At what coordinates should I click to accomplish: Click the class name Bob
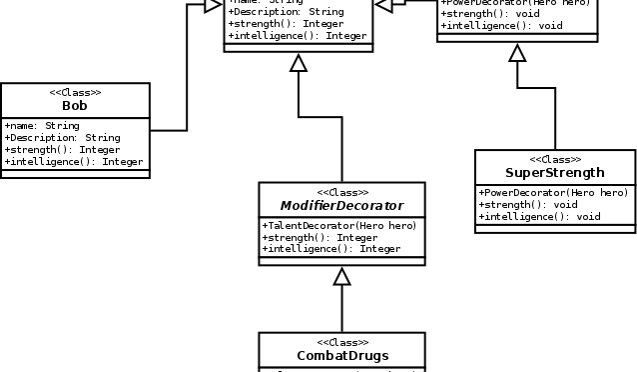75,105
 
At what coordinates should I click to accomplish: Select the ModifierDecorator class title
341,205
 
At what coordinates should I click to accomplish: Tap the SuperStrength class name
554,172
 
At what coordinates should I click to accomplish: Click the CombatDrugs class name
342,355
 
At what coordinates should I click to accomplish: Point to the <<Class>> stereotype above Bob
75,92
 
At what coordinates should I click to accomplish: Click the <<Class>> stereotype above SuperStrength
554,159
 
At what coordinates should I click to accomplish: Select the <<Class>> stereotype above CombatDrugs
342,342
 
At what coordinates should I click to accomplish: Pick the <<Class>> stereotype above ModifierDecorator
342,192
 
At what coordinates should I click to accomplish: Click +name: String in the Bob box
42,126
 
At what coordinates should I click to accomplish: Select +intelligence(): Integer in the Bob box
74,162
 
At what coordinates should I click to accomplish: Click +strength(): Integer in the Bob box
63,150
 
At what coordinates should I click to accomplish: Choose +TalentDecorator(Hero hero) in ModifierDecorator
338,226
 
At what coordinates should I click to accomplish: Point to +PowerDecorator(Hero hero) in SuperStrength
553,192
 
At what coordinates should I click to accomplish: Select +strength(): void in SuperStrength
526,204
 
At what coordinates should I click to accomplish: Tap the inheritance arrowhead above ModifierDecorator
297,63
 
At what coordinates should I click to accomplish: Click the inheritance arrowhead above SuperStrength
516,53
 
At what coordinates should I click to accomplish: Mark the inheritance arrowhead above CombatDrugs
342,277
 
